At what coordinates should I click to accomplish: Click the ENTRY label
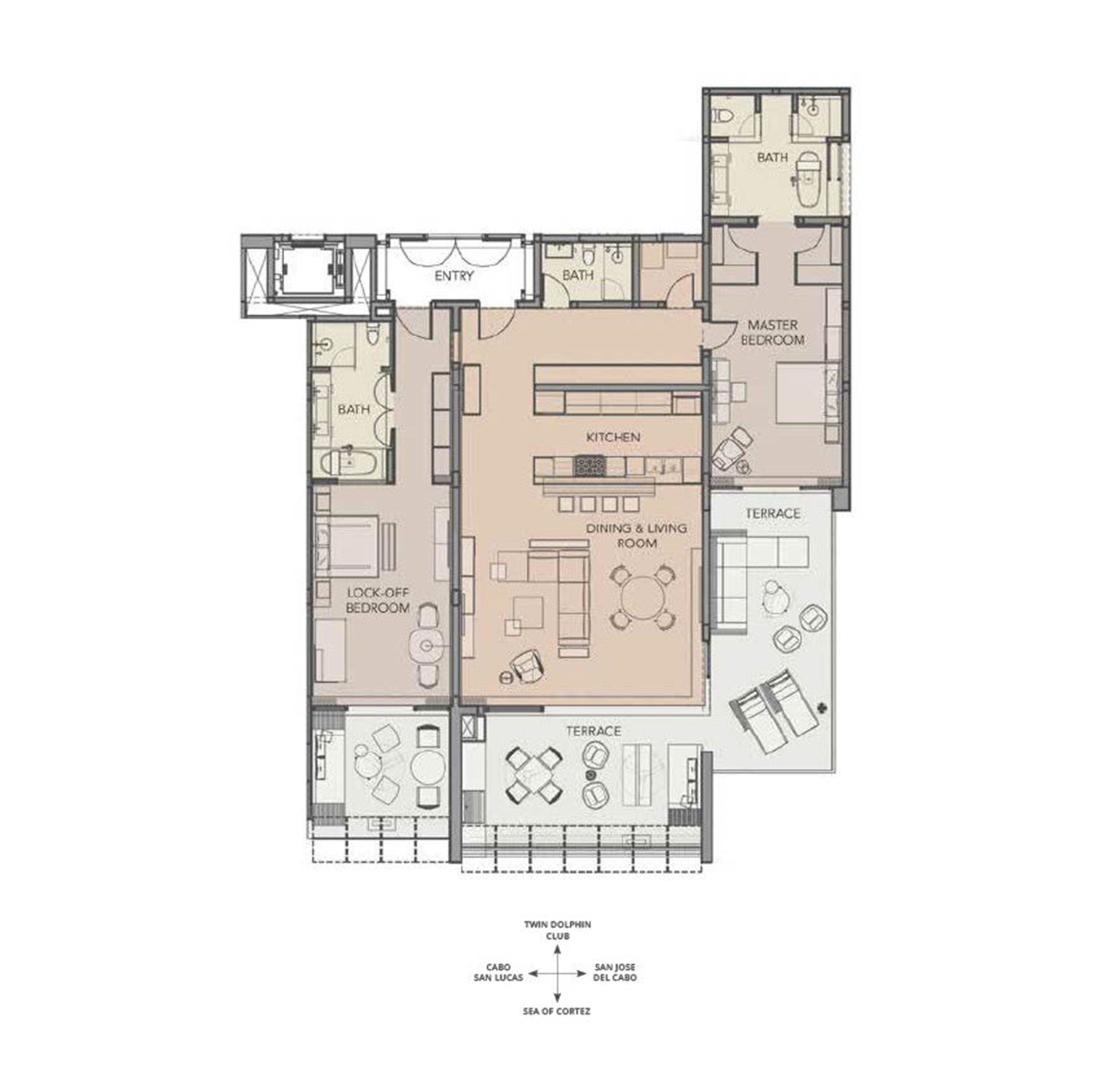(454, 276)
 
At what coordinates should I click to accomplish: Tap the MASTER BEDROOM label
(773, 332)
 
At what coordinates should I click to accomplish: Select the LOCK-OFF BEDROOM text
(378, 600)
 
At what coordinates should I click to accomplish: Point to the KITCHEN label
(613, 437)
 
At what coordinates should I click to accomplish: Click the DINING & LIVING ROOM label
(636, 535)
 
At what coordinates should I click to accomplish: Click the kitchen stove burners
(591, 466)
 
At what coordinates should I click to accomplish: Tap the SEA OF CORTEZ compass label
(557, 1011)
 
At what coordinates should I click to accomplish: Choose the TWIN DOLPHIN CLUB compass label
(557, 930)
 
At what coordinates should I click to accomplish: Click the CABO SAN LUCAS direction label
(498, 972)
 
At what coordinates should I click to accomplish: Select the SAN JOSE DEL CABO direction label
(615, 972)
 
